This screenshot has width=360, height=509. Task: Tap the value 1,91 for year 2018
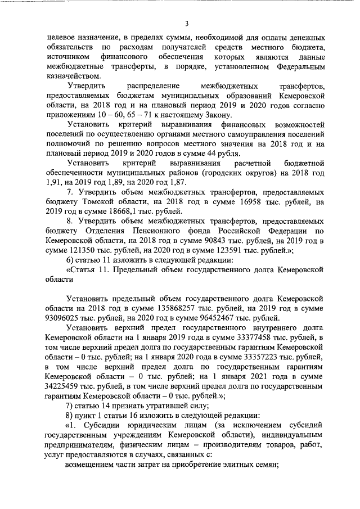pos(55,182)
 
